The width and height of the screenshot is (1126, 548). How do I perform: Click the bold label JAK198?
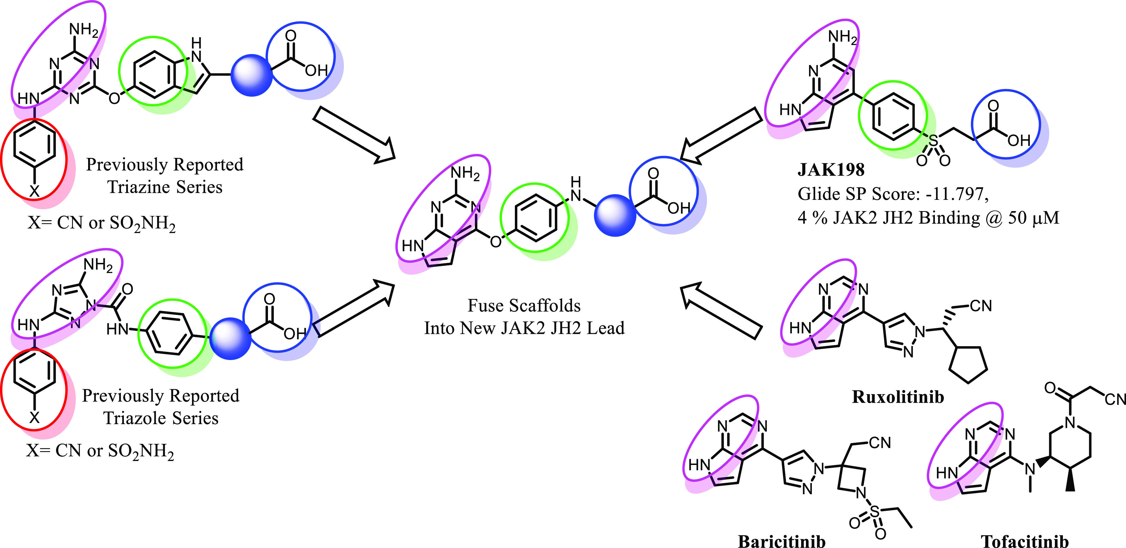830,169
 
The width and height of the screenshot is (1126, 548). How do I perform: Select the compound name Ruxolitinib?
898,397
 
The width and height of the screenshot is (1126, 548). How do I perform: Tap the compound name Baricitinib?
781,541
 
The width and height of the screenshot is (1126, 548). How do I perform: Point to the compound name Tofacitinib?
1025,541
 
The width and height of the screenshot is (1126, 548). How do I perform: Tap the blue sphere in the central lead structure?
615,215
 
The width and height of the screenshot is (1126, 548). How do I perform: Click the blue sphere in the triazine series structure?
251,75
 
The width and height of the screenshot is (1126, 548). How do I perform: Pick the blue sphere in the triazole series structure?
230,339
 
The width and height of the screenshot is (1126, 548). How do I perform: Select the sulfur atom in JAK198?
933,141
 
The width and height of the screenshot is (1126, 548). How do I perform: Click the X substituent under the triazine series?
34,191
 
